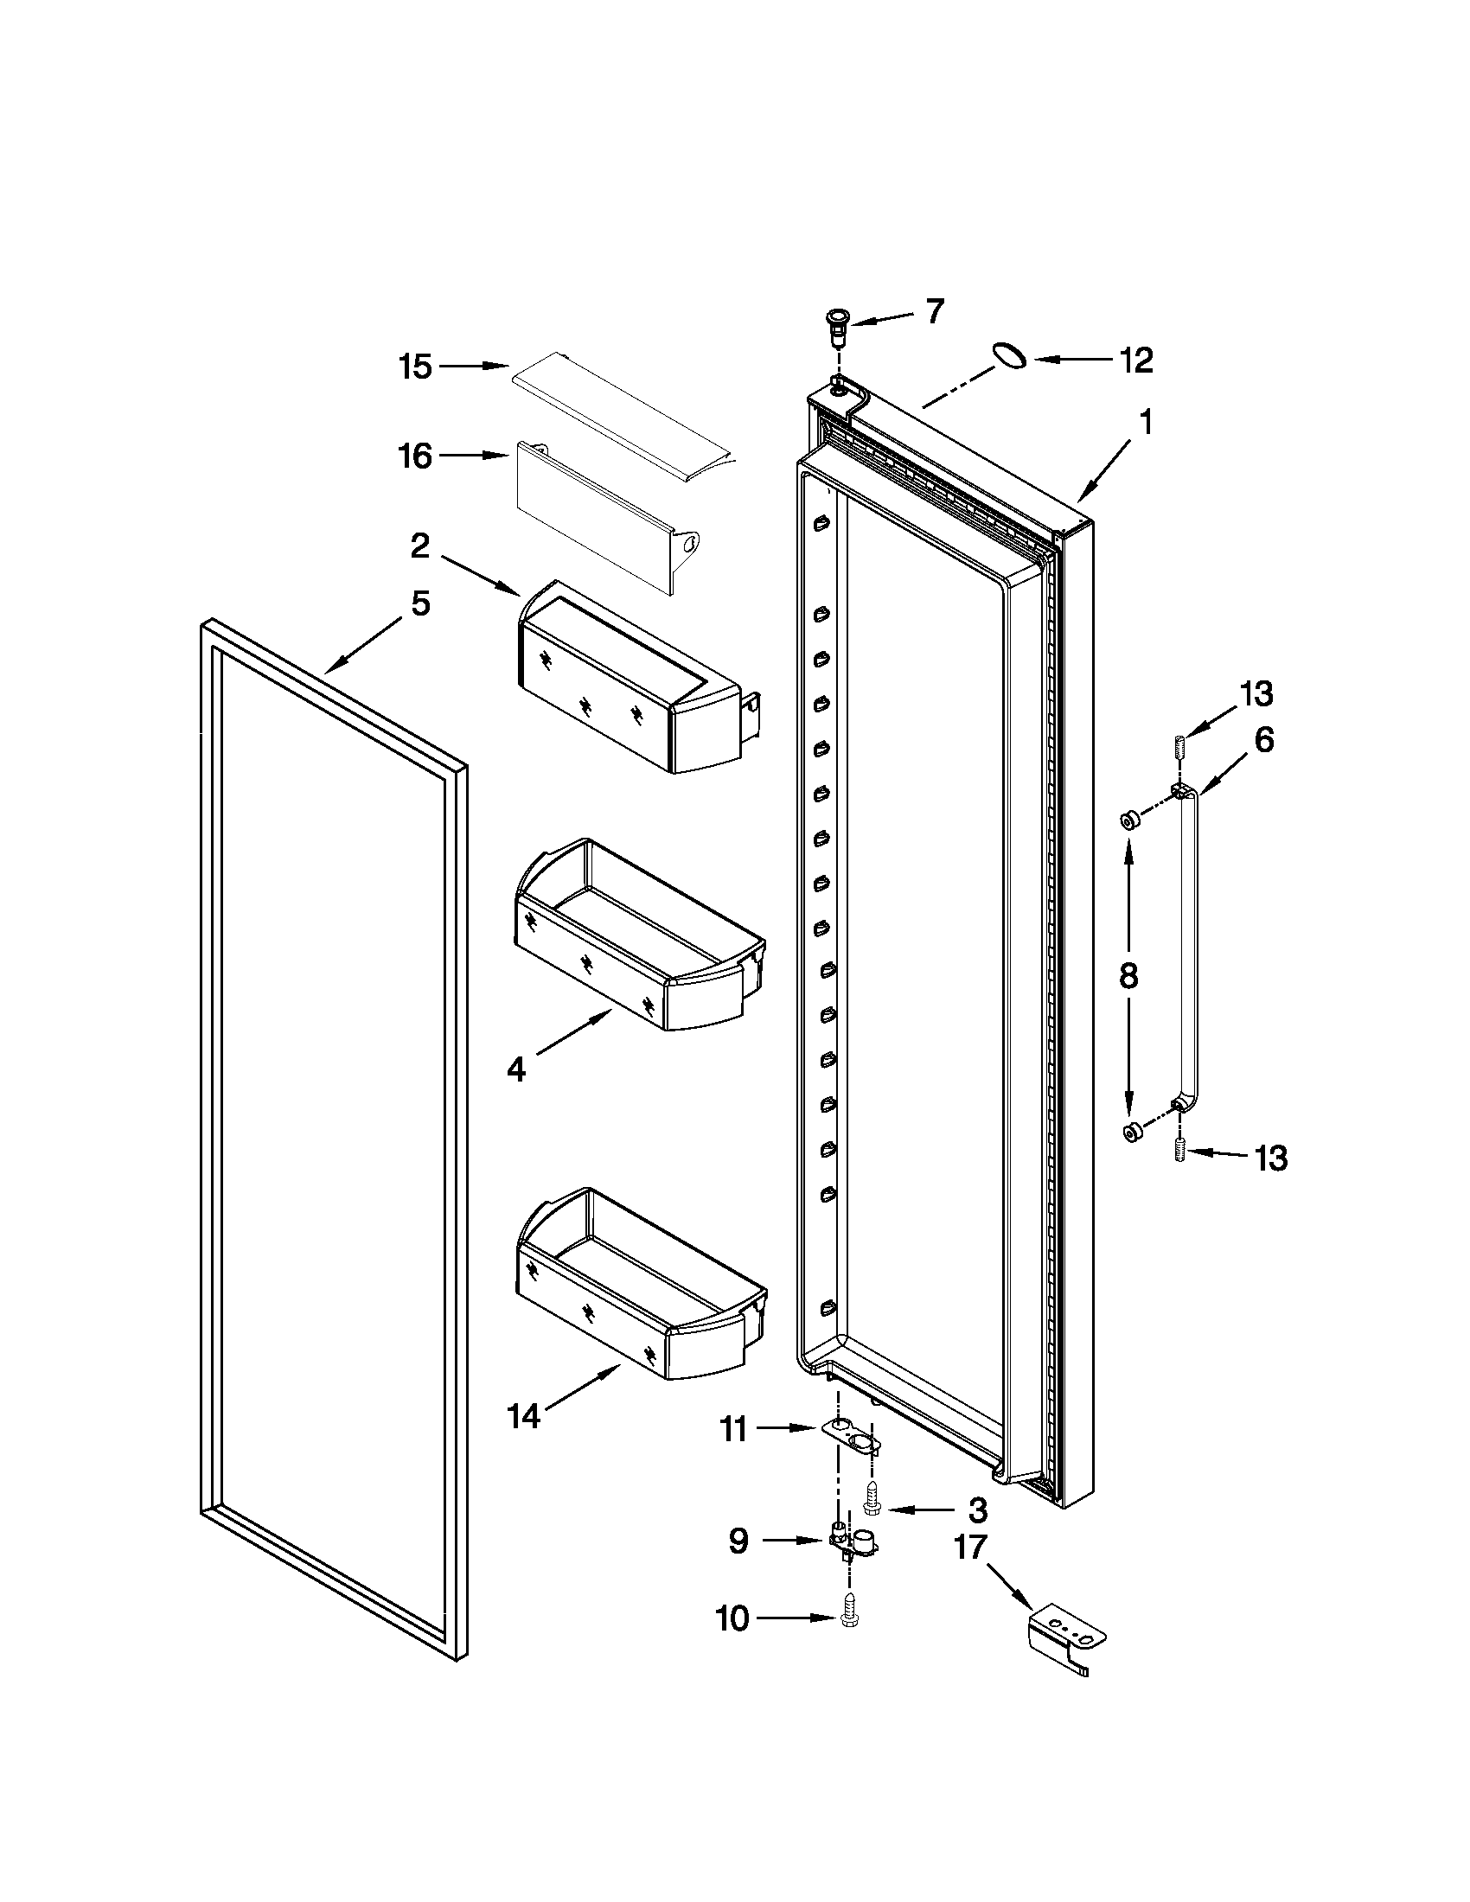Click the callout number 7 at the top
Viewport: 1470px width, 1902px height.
[935, 311]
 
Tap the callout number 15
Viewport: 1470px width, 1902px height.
[415, 367]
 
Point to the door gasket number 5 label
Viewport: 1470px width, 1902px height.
[420, 603]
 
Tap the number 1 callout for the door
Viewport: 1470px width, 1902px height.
[1146, 423]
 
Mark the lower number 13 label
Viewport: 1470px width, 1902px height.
[1270, 1158]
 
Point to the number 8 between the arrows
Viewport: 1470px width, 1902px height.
[1128, 976]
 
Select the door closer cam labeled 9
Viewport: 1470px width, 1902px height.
[853, 1542]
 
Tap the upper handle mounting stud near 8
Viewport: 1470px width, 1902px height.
[1129, 820]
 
